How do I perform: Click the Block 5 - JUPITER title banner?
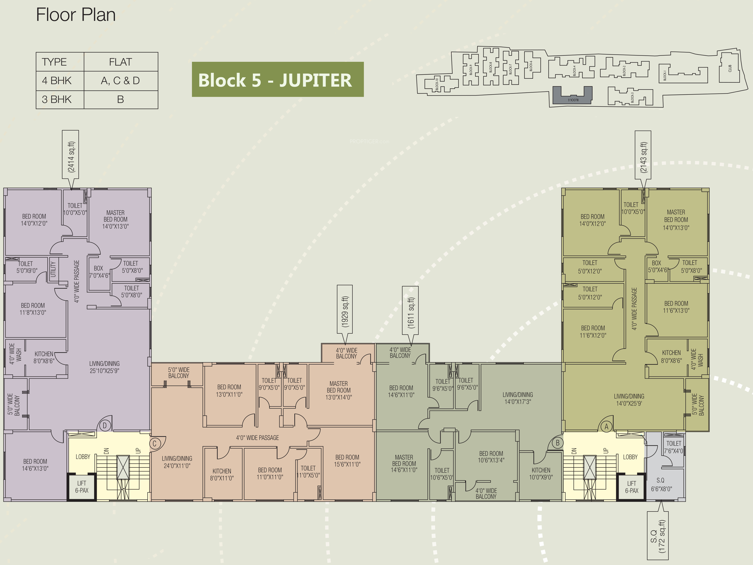pyautogui.click(x=277, y=79)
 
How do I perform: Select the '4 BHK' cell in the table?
pyautogui.click(x=57, y=81)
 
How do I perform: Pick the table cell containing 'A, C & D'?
pyautogui.click(x=121, y=81)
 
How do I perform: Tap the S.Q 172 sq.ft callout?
pyautogui.click(x=657, y=536)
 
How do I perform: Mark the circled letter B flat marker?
pyautogui.click(x=557, y=443)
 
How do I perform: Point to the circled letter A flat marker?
pyautogui.click(x=606, y=426)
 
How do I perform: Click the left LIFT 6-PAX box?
pyautogui.click(x=82, y=487)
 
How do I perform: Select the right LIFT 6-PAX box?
pyautogui.click(x=632, y=487)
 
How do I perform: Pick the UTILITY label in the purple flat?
pyautogui.click(x=53, y=269)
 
